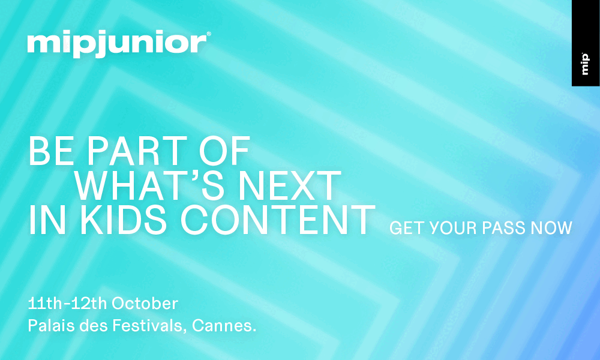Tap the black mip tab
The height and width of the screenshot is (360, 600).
tap(586, 43)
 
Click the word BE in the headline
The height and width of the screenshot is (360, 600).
tap(51, 151)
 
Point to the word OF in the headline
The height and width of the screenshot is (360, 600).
tap(224, 151)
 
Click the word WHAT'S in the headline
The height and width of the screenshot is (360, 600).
tap(149, 186)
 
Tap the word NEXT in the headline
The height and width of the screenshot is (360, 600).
tap(290, 187)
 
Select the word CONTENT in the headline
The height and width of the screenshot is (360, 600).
tap(277, 220)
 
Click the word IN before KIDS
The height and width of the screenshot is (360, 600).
tap(47, 220)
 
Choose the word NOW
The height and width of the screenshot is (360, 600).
tap(551, 228)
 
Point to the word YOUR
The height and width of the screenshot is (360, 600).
tap(452, 228)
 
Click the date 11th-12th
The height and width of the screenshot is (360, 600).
tap(67, 304)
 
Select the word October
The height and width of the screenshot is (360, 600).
tap(145, 304)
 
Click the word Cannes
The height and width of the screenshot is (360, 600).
tap(221, 326)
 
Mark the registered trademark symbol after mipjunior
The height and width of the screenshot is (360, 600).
tap(209, 34)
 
